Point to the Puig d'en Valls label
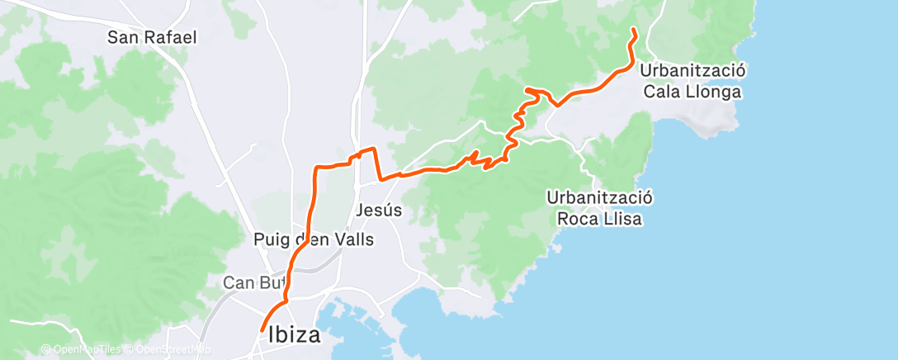(314, 240)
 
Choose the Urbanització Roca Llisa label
(600, 209)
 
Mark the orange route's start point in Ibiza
(262, 331)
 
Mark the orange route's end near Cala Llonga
(633, 30)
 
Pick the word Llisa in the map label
(623, 220)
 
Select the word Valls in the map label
(354, 240)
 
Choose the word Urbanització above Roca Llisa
(600, 198)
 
